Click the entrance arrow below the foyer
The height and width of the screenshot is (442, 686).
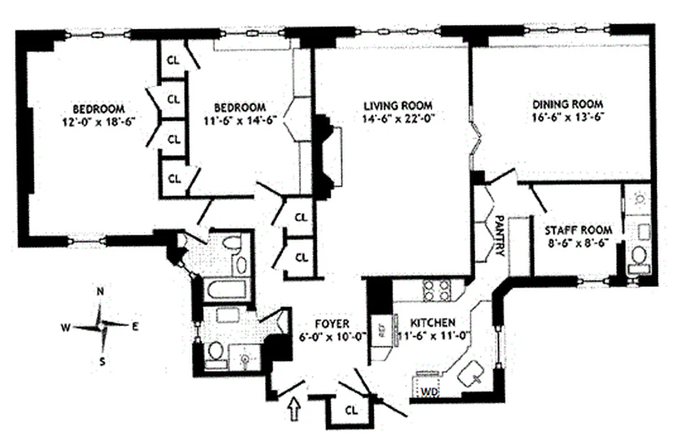coord(295,410)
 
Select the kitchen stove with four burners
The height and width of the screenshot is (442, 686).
coord(437,291)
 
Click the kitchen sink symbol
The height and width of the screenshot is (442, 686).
coord(471,376)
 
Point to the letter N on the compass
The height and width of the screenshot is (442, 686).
coord(100,293)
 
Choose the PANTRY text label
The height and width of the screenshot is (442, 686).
coord(499,235)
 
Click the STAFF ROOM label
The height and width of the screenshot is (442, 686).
coord(579,230)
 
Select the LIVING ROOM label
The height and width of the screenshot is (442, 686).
coord(397,106)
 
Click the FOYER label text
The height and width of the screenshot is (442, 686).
coord(332,324)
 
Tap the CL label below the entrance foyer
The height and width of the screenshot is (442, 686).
coord(351,411)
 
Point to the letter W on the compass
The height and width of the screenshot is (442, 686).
coord(65,328)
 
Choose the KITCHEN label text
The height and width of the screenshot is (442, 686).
coord(433,323)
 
